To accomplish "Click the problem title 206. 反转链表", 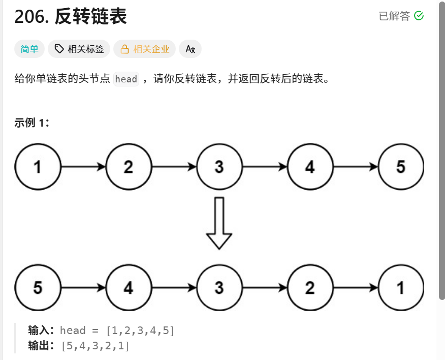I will tap(71, 17).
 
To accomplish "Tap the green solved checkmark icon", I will tap(419, 16).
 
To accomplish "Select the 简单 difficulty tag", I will tap(29, 49).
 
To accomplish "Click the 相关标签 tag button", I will tap(79, 49).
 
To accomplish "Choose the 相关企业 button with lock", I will tap(145, 49).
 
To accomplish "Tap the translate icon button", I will tap(190, 49).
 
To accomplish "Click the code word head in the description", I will tap(126, 79).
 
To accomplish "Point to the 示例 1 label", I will tap(31, 123).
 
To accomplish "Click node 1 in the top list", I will tap(38, 167).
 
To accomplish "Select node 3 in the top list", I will tap(219, 167).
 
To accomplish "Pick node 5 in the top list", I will tap(401, 167).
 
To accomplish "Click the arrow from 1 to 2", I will tap(83, 167).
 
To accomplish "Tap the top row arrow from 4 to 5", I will tap(356, 167).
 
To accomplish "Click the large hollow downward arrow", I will tap(219, 223).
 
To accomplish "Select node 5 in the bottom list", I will tap(38, 288).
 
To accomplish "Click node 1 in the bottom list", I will tap(401, 288).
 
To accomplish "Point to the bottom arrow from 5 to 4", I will tap(83, 288).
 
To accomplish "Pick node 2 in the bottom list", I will tap(310, 288).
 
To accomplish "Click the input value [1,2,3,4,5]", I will tap(140, 331).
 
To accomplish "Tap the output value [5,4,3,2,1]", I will tap(95, 346).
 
